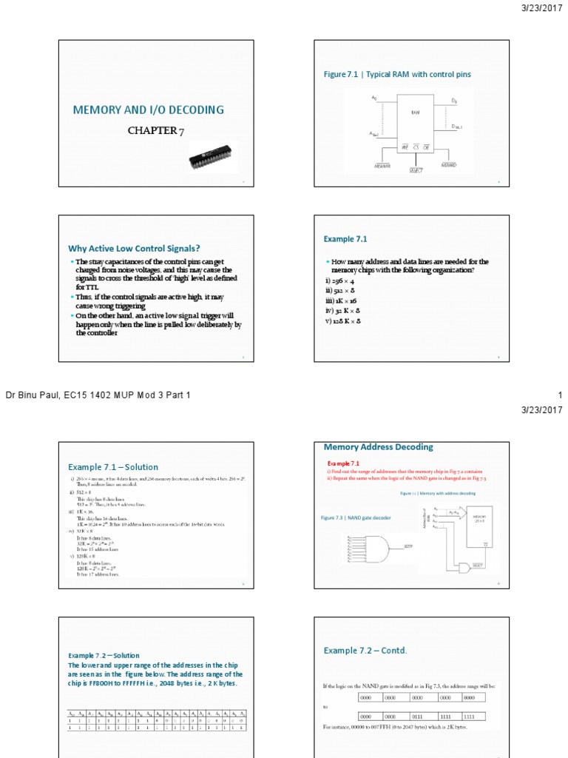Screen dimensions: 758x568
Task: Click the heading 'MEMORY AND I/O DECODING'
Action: pyautogui.click(x=148, y=110)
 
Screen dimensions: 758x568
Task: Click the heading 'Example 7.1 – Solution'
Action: pyautogui.click(x=113, y=467)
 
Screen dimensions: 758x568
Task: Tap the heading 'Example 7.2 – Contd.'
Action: pyautogui.click(x=365, y=650)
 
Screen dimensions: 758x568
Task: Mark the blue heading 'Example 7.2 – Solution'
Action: pyautogui.click(x=104, y=655)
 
